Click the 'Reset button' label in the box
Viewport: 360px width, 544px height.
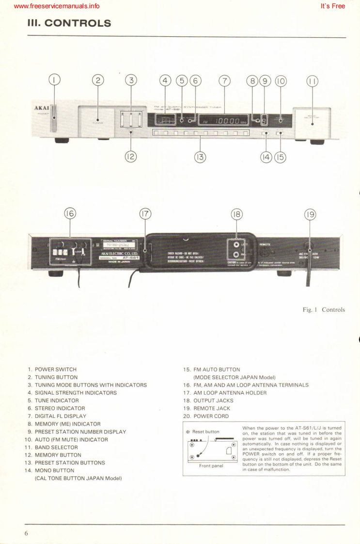[x=206, y=432]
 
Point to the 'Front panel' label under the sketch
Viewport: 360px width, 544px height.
[x=211, y=477]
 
